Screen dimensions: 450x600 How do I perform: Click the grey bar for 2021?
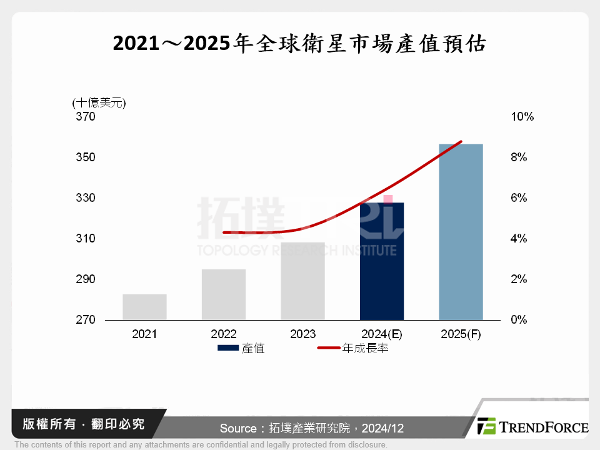(x=144, y=307)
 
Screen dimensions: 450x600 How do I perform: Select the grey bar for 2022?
(x=224, y=294)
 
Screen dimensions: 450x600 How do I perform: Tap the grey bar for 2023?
(x=302, y=281)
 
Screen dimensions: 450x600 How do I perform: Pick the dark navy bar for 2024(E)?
(x=382, y=261)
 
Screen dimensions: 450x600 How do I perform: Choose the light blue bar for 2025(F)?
(x=461, y=232)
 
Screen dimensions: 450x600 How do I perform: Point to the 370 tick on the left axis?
(x=86, y=117)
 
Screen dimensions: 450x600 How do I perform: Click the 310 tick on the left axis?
(x=86, y=239)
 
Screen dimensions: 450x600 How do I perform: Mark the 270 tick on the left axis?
(x=86, y=320)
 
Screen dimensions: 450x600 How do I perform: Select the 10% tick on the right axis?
(x=522, y=117)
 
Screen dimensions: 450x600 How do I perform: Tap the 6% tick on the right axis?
(x=519, y=198)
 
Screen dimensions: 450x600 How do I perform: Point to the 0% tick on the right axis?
(x=519, y=320)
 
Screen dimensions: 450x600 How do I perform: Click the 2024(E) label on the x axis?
(x=381, y=334)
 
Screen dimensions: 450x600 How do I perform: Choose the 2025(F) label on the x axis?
(x=461, y=334)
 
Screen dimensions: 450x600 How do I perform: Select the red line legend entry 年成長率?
(x=353, y=348)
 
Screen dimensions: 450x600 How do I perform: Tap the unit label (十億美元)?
(x=99, y=102)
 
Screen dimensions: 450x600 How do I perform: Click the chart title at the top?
(x=299, y=44)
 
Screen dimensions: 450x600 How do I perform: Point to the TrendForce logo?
(x=532, y=427)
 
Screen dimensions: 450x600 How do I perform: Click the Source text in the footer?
(x=311, y=428)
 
